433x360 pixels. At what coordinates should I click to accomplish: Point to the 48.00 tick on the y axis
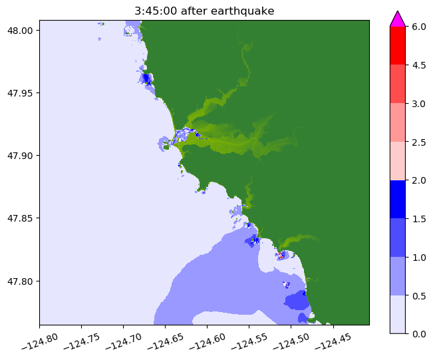(x=22, y=31)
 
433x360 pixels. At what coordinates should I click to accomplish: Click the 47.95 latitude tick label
(x=22, y=93)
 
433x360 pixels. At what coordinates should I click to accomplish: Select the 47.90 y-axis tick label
(x=22, y=156)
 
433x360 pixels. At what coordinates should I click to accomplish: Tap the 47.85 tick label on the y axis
(x=22, y=218)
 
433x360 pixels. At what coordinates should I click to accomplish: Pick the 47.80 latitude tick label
(x=22, y=281)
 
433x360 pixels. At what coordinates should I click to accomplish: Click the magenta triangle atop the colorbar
(x=398, y=19)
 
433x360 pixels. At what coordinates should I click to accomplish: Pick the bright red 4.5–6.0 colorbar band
(x=398, y=45)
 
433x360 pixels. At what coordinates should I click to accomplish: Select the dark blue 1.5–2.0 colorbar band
(x=398, y=199)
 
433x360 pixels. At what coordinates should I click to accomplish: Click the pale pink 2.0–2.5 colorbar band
(x=398, y=161)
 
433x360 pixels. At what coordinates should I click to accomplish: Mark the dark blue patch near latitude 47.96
(x=146, y=79)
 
